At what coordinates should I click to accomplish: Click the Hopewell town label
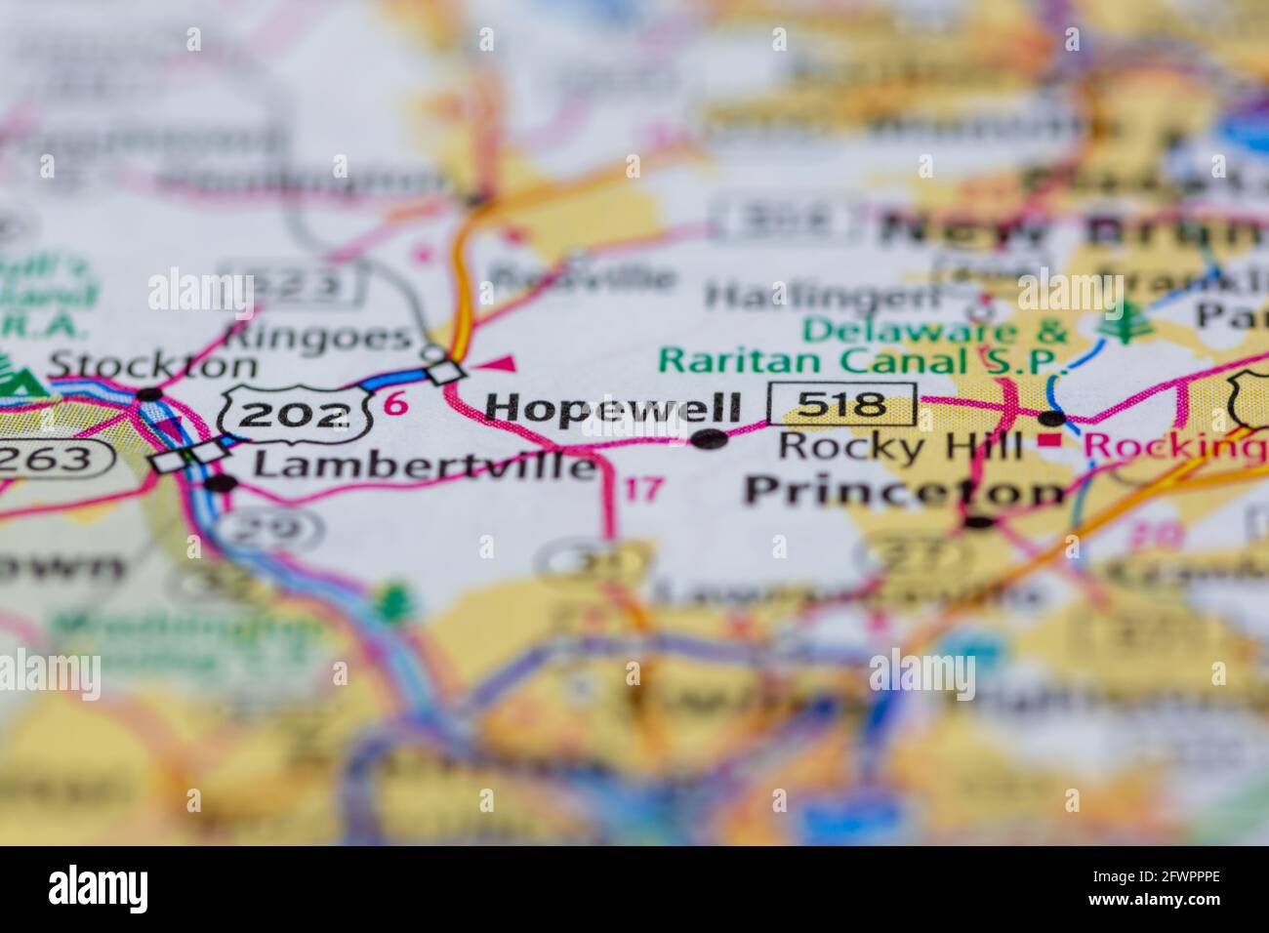pyautogui.click(x=613, y=408)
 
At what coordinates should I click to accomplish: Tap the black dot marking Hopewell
pyautogui.click(x=710, y=439)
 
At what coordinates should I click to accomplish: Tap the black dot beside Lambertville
pyautogui.click(x=223, y=482)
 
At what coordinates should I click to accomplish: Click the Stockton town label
pyautogui.click(x=152, y=365)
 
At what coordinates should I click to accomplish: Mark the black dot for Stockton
pyautogui.click(x=149, y=394)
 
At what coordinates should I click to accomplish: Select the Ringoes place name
pyautogui.click(x=317, y=336)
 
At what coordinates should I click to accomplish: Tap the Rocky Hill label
pyautogui.click(x=900, y=447)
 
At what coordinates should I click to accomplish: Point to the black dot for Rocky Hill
pyautogui.click(x=1051, y=419)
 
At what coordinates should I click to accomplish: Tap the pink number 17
pyautogui.click(x=643, y=488)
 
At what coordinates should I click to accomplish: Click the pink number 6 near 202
pyautogui.click(x=395, y=403)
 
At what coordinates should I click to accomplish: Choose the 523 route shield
pyautogui.click(x=293, y=283)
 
